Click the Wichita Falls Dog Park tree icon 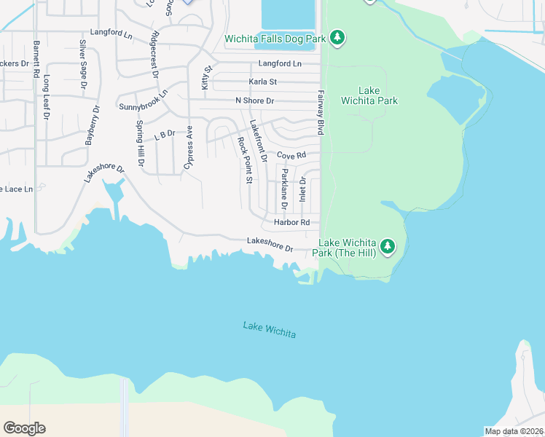click(x=337, y=36)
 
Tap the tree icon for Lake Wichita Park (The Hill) click(x=388, y=247)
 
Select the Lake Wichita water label click(x=270, y=329)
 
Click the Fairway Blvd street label click(x=320, y=112)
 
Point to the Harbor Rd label click(x=291, y=222)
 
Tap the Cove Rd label click(x=291, y=155)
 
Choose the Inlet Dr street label click(x=302, y=189)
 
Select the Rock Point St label click(x=244, y=160)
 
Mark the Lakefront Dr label click(x=258, y=141)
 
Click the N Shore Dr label click(x=254, y=101)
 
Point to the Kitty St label click(x=207, y=77)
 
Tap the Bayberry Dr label click(x=92, y=125)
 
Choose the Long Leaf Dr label click(x=46, y=97)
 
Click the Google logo click(x=24, y=428)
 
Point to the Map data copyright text click(x=514, y=431)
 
